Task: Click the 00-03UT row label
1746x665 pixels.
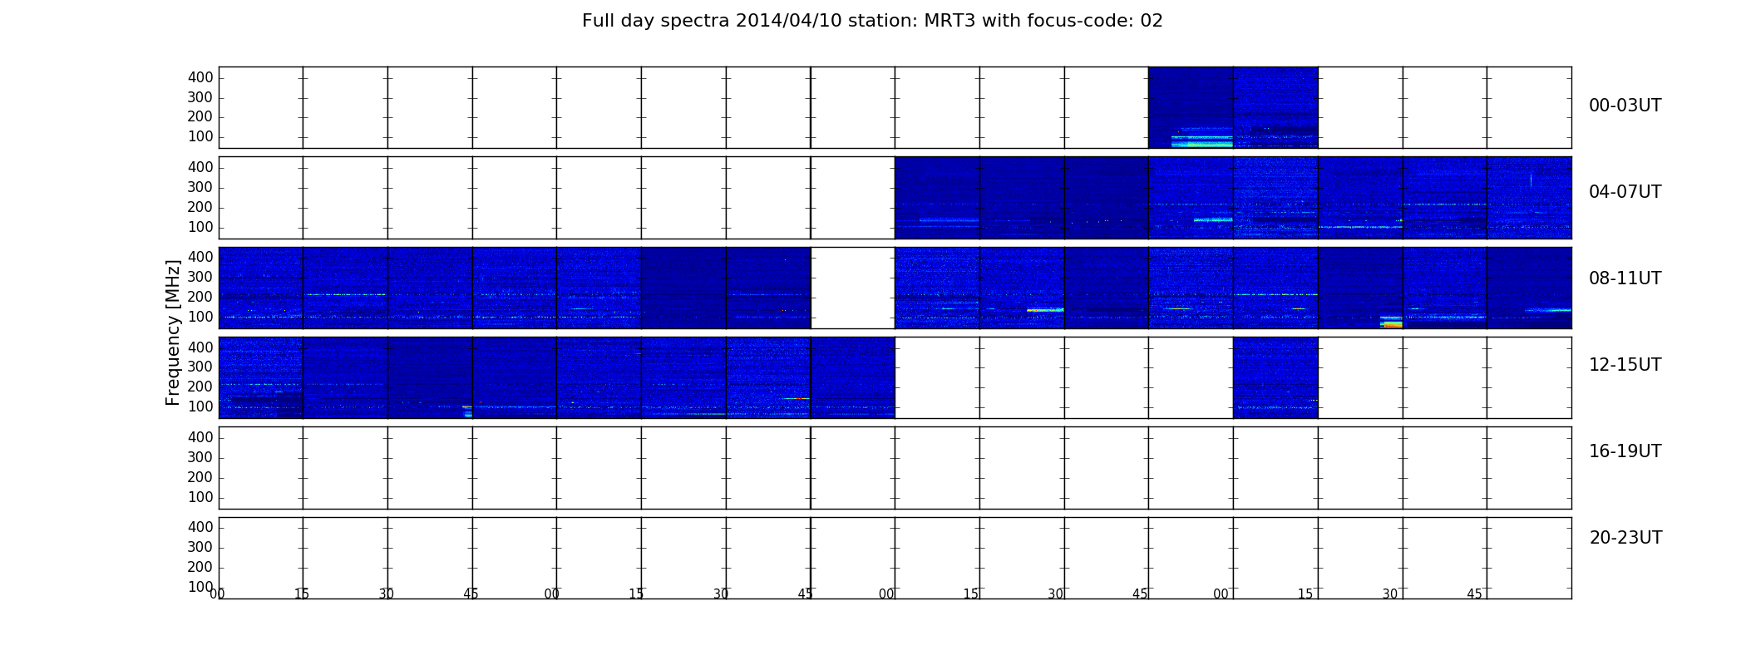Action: (x=1625, y=106)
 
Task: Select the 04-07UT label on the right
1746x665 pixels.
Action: (x=1625, y=192)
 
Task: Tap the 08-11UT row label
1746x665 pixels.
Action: (x=1625, y=278)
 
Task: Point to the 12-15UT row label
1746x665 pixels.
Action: (x=1625, y=365)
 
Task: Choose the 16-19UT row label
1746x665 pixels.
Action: (x=1625, y=451)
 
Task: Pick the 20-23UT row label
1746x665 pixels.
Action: (x=1625, y=538)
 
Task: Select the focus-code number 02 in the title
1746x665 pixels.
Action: (x=1152, y=21)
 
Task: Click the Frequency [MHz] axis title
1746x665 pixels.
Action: (x=173, y=332)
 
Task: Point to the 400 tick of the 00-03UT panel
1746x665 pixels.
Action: (x=200, y=77)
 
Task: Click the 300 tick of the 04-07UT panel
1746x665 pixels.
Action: (x=200, y=188)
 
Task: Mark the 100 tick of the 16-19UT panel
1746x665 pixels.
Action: (x=200, y=497)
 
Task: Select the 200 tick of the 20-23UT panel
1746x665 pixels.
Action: (x=200, y=567)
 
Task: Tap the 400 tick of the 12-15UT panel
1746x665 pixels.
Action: (x=200, y=347)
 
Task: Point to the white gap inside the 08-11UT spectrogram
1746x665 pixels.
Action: (x=852, y=288)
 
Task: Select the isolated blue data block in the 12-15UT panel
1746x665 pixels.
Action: (x=1275, y=377)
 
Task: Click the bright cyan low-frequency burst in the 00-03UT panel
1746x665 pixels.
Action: (x=1201, y=144)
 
